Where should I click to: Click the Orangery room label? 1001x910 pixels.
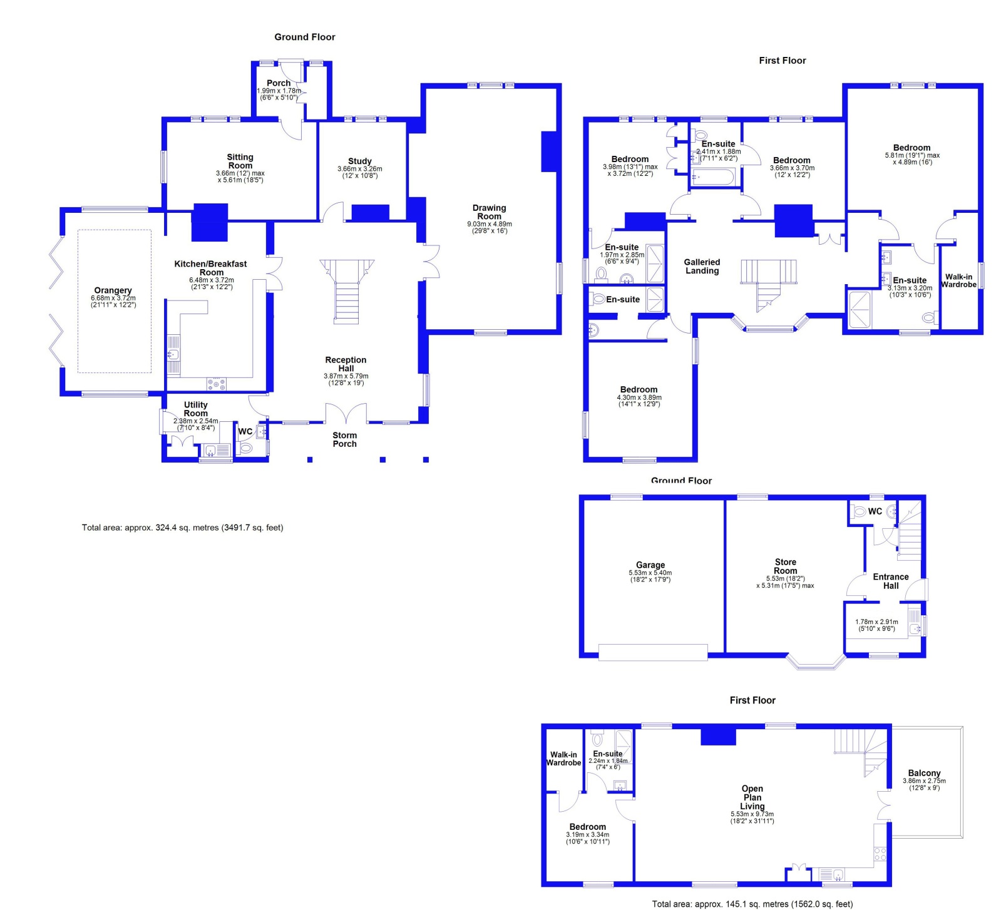pyautogui.click(x=113, y=290)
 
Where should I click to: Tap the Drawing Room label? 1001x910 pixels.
pyautogui.click(x=489, y=212)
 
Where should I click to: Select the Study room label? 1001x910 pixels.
pyautogui.click(x=359, y=161)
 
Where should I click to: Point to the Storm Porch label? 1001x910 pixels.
pyautogui.click(x=344, y=439)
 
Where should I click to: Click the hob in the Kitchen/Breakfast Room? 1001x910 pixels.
pyautogui.click(x=217, y=383)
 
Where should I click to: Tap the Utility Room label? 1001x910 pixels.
pyautogui.click(x=195, y=409)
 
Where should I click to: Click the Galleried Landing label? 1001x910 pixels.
pyautogui.click(x=702, y=267)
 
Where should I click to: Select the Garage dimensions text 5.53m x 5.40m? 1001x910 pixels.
pyautogui.click(x=650, y=573)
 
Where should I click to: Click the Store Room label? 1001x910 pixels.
pyautogui.click(x=785, y=566)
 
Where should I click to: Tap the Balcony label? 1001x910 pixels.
pyautogui.click(x=924, y=773)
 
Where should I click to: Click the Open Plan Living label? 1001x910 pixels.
pyautogui.click(x=752, y=797)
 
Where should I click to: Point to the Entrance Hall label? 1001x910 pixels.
pyautogui.click(x=890, y=581)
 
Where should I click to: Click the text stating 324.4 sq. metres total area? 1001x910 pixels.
pyautogui.click(x=182, y=528)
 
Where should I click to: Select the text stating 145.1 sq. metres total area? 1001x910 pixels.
pyautogui.click(x=752, y=904)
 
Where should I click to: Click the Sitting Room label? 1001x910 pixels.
pyautogui.click(x=240, y=161)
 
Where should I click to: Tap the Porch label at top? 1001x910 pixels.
pyautogui.click(x=279, y=83)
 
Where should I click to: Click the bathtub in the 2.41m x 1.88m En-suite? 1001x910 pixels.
pyautogui.click(x=712, y=178)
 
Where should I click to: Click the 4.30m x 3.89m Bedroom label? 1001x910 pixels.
pyautogui.click(x=639, y=389)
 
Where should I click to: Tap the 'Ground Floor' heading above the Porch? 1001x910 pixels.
pyautogui.click(x=304, y=37)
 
